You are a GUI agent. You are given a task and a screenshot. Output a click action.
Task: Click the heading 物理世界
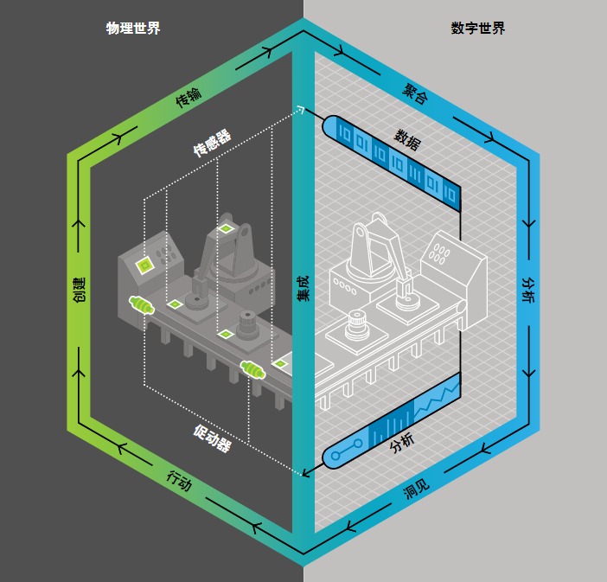click(x=133, y=29)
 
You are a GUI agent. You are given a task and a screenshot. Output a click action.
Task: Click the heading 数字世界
click(x=477, y=29)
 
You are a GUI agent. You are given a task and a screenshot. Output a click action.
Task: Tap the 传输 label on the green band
click(x=188, y=97)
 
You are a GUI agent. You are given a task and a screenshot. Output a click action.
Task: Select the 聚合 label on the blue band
click(x=415, y=93)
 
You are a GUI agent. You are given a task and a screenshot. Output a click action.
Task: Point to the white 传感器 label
click(x=212, y=143)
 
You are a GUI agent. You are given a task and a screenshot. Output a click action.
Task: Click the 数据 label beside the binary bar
click(x=407, y=139)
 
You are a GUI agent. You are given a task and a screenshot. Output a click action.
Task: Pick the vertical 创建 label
click(x=79, y=290)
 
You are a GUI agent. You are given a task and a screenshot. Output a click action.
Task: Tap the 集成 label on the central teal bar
click(x=303, y=288)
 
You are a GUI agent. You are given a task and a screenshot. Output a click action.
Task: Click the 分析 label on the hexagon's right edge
click(x=528, y=290)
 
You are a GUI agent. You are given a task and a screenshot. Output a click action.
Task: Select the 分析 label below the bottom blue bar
click(x=402, y=443)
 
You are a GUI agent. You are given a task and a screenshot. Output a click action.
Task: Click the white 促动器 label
click(x=212, y=438)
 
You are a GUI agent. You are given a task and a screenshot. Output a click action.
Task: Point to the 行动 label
click(x=179, y=481)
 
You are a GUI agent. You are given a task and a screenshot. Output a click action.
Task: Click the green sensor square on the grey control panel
click(x=144, y=265)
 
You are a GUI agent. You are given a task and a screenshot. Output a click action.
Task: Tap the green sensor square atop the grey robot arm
click(x=226, y=229)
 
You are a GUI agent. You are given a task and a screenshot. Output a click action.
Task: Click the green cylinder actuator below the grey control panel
click(x=142, y=304)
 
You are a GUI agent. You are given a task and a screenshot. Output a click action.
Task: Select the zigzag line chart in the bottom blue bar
click(x=437, y=399)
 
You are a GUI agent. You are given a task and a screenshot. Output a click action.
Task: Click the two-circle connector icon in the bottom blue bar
click(x=347, y=450)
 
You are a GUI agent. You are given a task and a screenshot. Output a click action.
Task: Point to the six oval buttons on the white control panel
click(x=438, y=253)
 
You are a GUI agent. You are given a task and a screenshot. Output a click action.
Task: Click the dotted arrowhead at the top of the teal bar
click(x=300, y=110)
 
